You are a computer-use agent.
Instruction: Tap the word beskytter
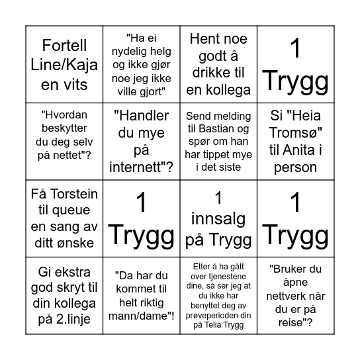tap(64, 127)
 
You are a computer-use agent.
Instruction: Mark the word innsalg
tap(218, 218)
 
